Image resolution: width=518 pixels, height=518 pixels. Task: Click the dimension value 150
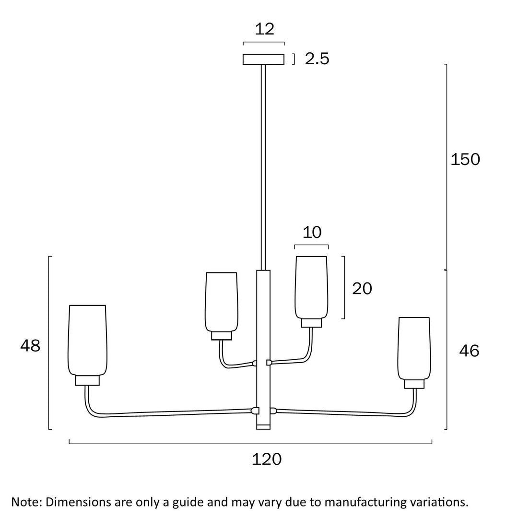click(465, 159)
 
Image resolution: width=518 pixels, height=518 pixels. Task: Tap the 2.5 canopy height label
click(317, 59)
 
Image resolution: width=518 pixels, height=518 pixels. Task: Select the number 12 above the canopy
click(264, 29)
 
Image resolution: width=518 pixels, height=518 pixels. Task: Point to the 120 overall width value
click(267, 459)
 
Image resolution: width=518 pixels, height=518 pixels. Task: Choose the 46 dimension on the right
click(469, 351)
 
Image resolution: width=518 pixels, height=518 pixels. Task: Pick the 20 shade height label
click(362, 288)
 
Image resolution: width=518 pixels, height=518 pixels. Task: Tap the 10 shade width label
click(312, 232)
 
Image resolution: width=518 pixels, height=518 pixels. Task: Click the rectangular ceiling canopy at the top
click(263, 59)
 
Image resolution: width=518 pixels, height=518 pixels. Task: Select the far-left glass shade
click(87, 340)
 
